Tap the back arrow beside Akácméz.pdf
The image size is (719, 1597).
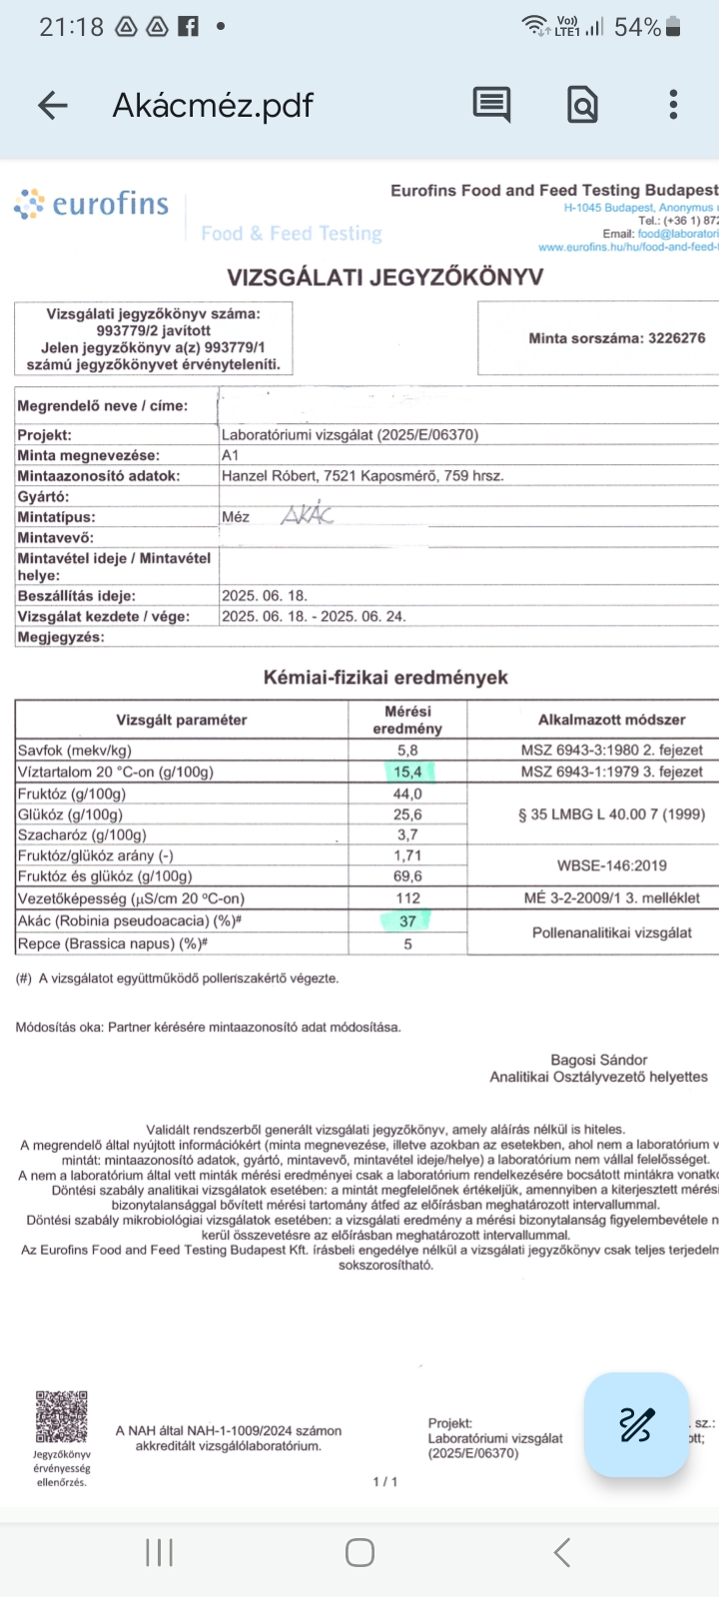tap(52, 105)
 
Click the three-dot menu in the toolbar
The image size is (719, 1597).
tap(674, 104)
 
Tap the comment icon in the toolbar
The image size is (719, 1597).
tap(491, 104)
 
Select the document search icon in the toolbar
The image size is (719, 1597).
tap(582, 104)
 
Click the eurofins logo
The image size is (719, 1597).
tap(92, 204)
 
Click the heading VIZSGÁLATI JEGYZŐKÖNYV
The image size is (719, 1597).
tap(384, 276)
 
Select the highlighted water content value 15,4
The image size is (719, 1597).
tap(407, 772)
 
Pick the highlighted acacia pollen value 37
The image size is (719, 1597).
tap(407, 921)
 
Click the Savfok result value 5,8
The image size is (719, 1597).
tap(407, 750)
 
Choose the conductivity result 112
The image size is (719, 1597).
tap(407, 897)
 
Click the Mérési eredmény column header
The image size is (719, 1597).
tap(407, 720)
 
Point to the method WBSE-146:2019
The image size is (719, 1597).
tap(611, 865)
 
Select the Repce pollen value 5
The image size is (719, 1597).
tap(407, 943)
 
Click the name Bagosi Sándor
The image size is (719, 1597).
tap(598, 1060)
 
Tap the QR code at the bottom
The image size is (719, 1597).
tap(61, 1417)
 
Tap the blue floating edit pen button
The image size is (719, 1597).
tap(636, 1424)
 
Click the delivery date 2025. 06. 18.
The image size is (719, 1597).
tap(264, 595)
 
